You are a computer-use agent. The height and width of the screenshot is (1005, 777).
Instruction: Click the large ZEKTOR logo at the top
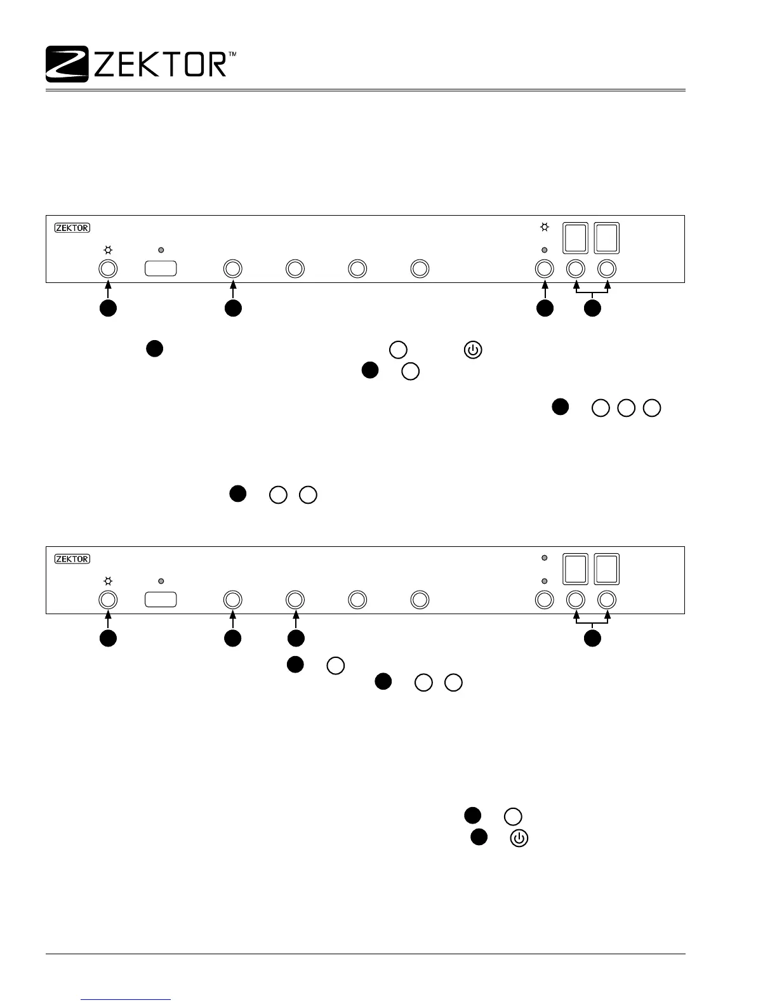(136, 64)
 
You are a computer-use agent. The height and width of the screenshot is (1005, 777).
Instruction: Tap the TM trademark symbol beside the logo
(232, 56)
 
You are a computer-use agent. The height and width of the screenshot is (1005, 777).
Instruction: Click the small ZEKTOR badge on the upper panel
(72, 228)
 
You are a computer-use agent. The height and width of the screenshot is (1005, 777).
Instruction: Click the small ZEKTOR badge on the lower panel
(72, 559)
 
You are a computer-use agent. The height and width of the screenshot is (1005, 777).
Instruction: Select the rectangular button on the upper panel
(161, 268)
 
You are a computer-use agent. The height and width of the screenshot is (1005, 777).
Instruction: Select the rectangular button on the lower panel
(161, 600)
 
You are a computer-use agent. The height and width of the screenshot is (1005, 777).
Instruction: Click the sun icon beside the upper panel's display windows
(544, 228)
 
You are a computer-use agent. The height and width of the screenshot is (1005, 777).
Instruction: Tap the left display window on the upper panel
(576, 238)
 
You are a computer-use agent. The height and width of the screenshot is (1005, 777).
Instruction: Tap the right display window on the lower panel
(607, 569)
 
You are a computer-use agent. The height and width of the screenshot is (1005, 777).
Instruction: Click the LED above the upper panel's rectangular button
(161, 250)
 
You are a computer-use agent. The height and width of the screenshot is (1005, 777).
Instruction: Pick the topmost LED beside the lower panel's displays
(544, 558)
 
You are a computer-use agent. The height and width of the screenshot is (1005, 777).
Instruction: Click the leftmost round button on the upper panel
(108, 268)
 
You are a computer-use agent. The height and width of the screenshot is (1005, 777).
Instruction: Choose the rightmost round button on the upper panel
(608, 268)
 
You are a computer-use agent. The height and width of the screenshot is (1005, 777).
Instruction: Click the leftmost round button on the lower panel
(108, 600)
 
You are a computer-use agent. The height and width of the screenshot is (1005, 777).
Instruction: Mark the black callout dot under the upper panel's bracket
(592, 308)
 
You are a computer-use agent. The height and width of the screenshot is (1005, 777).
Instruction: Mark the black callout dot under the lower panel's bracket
(592, 639)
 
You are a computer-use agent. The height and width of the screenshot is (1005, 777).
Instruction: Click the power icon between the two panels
(474, 350)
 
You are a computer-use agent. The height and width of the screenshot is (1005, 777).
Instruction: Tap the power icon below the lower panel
(519, 838)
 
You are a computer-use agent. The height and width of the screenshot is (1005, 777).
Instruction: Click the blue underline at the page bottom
(126, 1000)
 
